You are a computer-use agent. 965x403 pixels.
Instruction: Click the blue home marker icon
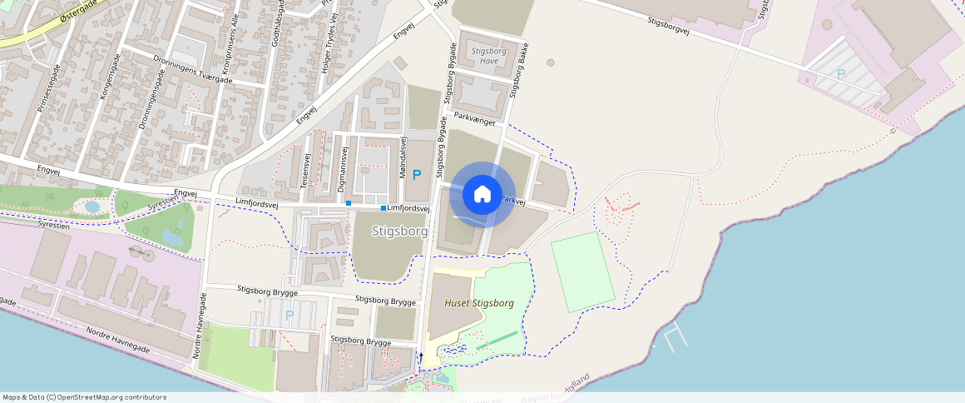pyautogui.click(x=482, y=195)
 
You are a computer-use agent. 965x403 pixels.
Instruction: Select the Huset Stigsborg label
pyautogui.click(x=479, y=303)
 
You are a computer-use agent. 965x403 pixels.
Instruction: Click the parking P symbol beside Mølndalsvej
pyautogui.click(x=417, y=174)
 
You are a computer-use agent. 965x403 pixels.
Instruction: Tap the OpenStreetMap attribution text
pyautogui.click(x=85, y=397)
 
